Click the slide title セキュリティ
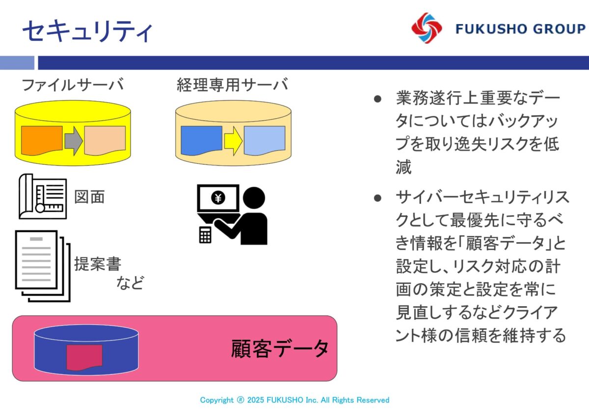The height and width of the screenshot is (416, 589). click(x=87, y=31)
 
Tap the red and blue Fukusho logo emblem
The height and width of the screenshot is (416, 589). click(x=427, y=28)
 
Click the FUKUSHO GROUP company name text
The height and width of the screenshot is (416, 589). click(x=520, y=29)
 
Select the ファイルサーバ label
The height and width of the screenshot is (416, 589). click(x=73, y=84)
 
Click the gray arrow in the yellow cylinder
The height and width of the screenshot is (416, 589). click(x=74, y=141)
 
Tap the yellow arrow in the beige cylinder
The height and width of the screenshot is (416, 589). click(x=233, y=141)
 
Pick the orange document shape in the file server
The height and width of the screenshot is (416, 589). click(x=42, y=140)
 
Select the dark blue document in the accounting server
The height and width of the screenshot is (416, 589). click(x=201, y=140)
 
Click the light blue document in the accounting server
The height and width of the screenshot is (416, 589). click(x=265, y=140)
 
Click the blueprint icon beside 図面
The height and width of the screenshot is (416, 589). click(x=43, y=196)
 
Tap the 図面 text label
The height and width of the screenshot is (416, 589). click(x=89, y=197)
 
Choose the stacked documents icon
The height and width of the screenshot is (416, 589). click(x=43, y=266)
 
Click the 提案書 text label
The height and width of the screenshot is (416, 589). click(x=98, y=264)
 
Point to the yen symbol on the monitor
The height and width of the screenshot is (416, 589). click(x=218, y=197)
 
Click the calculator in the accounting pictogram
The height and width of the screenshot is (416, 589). click(x=205, y=234)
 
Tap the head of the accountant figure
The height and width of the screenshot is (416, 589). click(x=254, y=198)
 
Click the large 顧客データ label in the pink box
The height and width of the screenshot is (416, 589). click(x=280, y=349)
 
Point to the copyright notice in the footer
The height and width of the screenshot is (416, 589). click(x=294, y=400)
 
